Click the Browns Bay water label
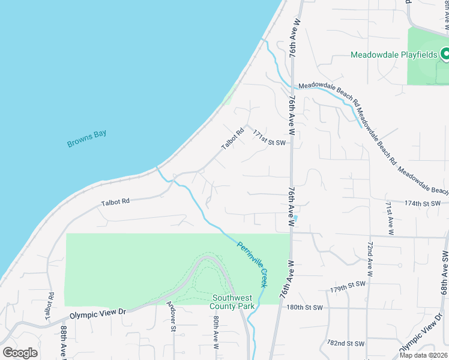tap(86, 137)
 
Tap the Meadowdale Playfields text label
tap(394, 55)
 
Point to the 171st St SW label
tap(268, 137)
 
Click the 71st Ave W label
tap(390, 217)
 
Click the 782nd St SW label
tap(345, 344)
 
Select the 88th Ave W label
tap(63, 342)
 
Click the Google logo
tap(20, 353)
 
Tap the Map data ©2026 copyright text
tap(423, 355)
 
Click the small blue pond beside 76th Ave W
tap(296, 217)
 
